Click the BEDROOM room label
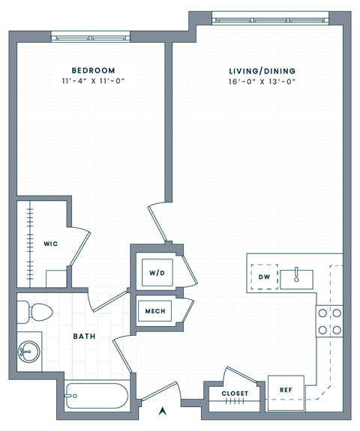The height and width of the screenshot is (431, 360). (93, 70)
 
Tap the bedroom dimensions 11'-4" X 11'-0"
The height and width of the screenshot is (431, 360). (93, 81)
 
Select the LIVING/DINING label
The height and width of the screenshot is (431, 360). (262, 70)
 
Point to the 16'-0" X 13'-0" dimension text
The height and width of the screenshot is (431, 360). (262, 81)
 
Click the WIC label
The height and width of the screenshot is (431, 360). (50, 244)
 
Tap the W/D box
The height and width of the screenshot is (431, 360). (157, 272)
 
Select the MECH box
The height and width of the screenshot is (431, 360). (155, 312)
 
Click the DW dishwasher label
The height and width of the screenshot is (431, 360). (263, 277)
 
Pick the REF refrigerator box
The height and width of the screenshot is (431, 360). (285, 390)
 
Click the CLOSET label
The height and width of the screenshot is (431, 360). (234, 394)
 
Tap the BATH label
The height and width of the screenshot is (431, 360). (84, 337)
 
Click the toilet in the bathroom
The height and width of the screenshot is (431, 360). (35, 311)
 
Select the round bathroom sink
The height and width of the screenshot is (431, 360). (30, 350)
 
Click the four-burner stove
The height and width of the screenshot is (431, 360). (330, 321)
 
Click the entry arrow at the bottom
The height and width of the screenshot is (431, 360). (162, 410)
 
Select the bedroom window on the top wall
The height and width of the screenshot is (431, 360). (89, 35)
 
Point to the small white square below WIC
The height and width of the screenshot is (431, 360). (57, 280)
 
